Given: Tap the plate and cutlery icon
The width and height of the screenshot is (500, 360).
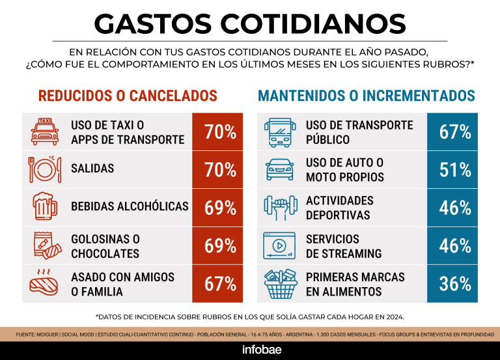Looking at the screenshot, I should (45, 169).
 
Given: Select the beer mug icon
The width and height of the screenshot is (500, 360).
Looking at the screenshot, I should (45, 207).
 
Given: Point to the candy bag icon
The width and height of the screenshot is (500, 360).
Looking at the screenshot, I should (45, 245).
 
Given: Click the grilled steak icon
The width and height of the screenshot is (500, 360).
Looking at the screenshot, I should (45, 283).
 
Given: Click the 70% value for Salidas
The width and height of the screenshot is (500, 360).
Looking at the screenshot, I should (220, 170).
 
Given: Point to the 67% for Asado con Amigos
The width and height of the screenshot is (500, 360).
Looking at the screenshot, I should (220, 284).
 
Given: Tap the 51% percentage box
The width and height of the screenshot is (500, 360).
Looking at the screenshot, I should (455, 170).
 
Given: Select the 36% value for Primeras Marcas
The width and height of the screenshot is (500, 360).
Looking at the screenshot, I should (455, 284).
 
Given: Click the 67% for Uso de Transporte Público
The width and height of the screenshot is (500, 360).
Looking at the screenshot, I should (455, 132).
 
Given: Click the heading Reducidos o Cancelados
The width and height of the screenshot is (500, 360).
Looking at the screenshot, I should (128, 96).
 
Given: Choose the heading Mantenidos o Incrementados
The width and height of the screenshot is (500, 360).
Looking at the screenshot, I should (367, 96).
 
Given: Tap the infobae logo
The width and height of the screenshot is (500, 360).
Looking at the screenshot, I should (250, 348).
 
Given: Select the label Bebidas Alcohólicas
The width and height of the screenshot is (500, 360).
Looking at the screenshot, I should (130, 207).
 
